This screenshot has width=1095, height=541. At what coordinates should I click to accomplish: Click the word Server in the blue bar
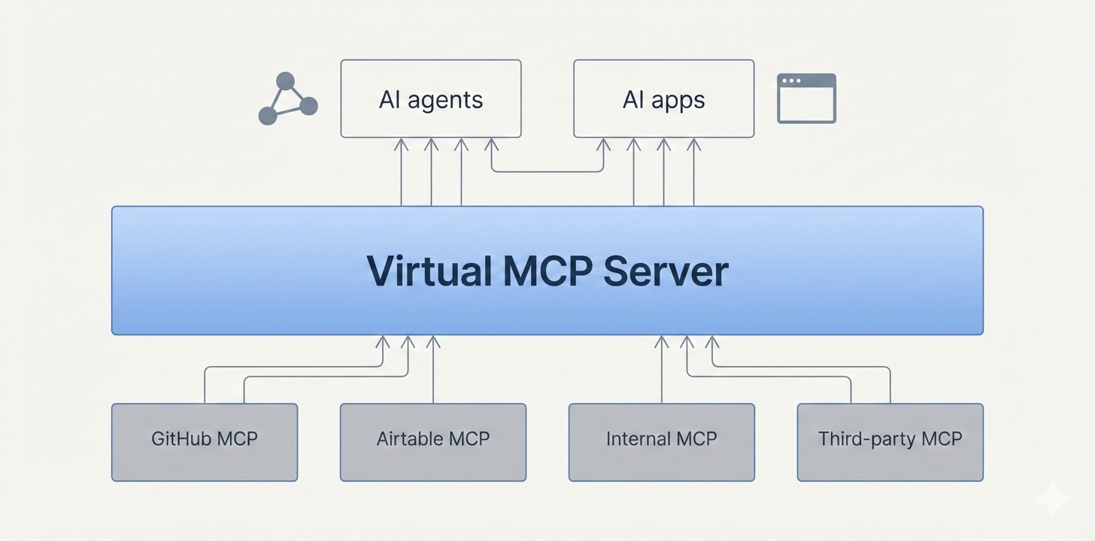(x=666, y=271)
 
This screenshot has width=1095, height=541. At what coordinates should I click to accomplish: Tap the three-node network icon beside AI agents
(x=287, y=98)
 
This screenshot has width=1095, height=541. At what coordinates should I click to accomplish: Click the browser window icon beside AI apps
(x=806, y=98)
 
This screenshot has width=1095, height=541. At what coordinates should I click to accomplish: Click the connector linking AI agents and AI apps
(x=547, y=171)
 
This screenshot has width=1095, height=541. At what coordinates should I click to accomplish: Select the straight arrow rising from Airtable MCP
(x=433, y=372)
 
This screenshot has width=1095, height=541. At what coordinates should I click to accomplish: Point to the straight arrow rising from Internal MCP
(x=662, y=372)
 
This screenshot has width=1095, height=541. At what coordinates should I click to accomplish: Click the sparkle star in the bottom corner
(x=1051, y=499)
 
